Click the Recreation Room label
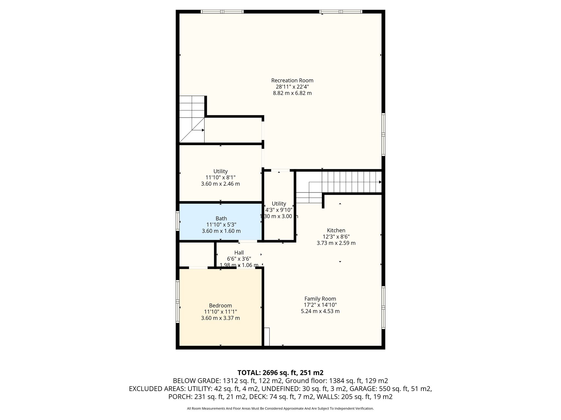pos(292,80)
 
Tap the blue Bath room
pos(221,221)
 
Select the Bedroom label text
pos(221,305)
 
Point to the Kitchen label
pos(336,230)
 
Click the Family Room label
pos(320,299)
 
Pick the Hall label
pos(239,252)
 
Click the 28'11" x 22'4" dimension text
pos(292,87)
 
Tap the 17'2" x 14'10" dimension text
pos(320,305)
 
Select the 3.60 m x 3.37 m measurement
pos(221,318)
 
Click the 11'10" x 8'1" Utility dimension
pos(221,177)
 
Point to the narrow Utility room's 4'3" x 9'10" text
pos(279,210)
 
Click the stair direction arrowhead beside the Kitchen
pos(380,182)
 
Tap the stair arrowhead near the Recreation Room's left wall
pos(203,130)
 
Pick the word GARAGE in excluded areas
pos(364,389)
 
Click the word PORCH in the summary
pos(179,397)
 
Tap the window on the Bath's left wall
pos(178,221)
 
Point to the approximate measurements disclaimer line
pos(280,409)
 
